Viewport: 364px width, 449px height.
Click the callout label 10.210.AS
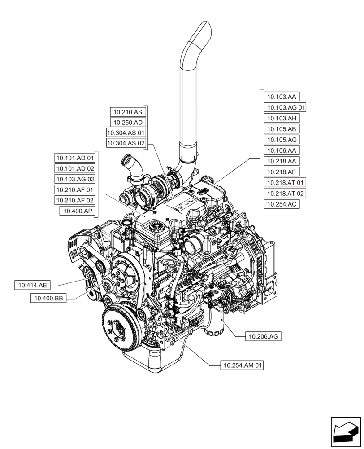[x=127, y=112]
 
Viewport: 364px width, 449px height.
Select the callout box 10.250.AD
[x=127, y=122]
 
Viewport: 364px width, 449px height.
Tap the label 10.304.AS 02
[x=126, y=143]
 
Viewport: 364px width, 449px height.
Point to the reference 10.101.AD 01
[x=75, y=158]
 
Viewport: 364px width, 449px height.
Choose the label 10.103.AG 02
[x=75, y=179]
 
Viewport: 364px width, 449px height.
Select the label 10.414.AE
[x=33, y=285]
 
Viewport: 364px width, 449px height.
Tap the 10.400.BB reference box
[x=48, y=298]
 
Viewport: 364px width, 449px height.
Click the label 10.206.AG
[x=263, y=336]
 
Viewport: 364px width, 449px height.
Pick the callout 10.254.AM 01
[x=242, y=365]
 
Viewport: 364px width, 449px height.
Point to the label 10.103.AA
[x=282, y=97]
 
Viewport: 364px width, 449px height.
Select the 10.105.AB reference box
[x=282, y=129]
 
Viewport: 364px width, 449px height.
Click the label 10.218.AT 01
[x=285, y=183]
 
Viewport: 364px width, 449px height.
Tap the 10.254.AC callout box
[x=282, y=204]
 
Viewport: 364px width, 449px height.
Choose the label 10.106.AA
[x=282, y=150]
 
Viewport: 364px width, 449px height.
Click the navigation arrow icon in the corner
[x=345, y=432]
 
